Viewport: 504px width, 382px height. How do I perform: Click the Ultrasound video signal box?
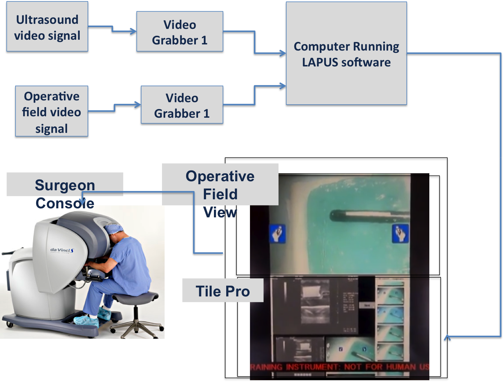47,28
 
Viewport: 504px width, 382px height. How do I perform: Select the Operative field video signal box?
52,112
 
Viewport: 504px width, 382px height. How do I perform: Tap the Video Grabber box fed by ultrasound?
180,32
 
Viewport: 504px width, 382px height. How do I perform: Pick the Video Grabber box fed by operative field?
182,106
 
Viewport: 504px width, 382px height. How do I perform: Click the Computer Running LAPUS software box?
346,54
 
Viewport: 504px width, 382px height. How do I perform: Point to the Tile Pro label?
223,291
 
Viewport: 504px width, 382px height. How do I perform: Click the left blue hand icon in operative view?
278,233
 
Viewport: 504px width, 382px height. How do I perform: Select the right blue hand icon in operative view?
400,233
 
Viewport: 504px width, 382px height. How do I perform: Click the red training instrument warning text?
339,367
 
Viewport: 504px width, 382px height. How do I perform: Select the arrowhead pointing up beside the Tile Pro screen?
447,338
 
